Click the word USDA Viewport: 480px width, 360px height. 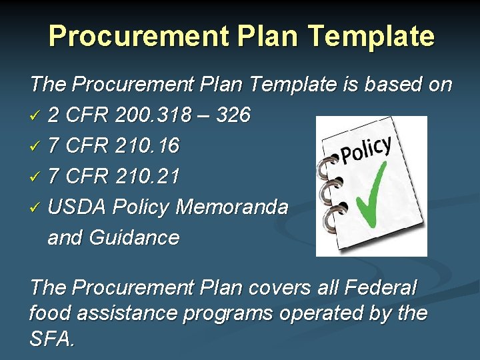click(77, 207)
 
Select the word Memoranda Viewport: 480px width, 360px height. click(231, 207)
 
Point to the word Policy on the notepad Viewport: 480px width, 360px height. click(366, 150)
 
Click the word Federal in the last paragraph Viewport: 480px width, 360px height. click(380, 288)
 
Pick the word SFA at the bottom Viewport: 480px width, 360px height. click(51, 339)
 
